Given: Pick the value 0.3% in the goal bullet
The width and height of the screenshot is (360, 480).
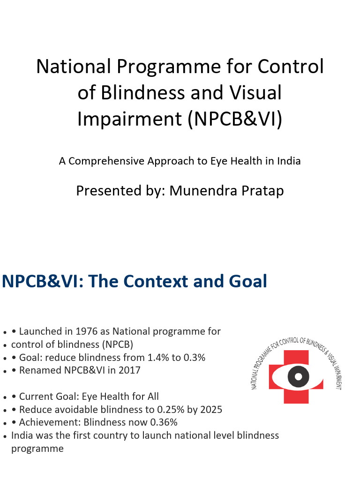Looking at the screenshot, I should coord(193,358).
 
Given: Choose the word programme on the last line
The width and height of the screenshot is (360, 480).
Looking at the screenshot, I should coord(37,448).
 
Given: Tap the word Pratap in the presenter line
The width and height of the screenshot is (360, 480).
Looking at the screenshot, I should coord(262,191).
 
